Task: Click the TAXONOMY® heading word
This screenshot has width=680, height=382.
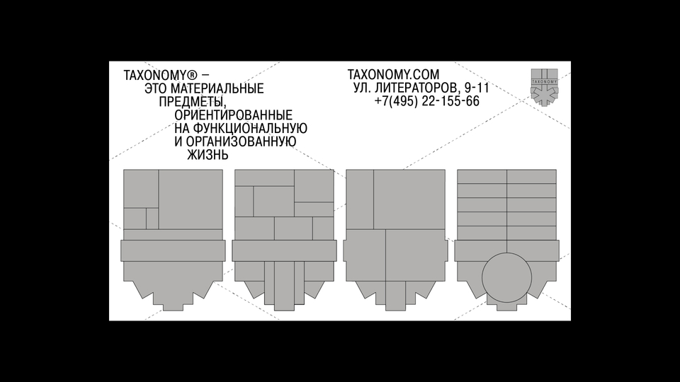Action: pos(161,76)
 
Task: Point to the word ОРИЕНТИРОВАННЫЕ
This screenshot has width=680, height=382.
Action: pos(233,115)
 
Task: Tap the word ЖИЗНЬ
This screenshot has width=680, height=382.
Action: pos(208,155)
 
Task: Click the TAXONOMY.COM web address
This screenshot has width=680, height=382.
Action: pos(393,74)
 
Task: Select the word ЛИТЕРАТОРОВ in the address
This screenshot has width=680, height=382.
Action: pos(416,88)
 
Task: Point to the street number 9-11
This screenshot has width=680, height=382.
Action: pos(477,88)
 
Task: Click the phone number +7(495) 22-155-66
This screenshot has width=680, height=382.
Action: pos(426,101)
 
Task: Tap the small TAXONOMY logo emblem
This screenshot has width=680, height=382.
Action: pos(544,87)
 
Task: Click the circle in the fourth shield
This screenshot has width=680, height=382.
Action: pos(506,277)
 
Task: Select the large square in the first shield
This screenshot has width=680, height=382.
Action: pos(191,199)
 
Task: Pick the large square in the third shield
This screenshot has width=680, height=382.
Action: pos(409,199)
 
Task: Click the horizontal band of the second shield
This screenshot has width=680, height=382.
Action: pos(285,250)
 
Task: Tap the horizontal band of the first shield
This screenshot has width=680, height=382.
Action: pos(173,250)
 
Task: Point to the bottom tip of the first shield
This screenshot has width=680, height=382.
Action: pos(173,310)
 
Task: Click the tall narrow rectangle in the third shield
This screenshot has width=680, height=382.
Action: pos(360,199)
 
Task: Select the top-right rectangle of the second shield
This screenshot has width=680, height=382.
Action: pos(314,186)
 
